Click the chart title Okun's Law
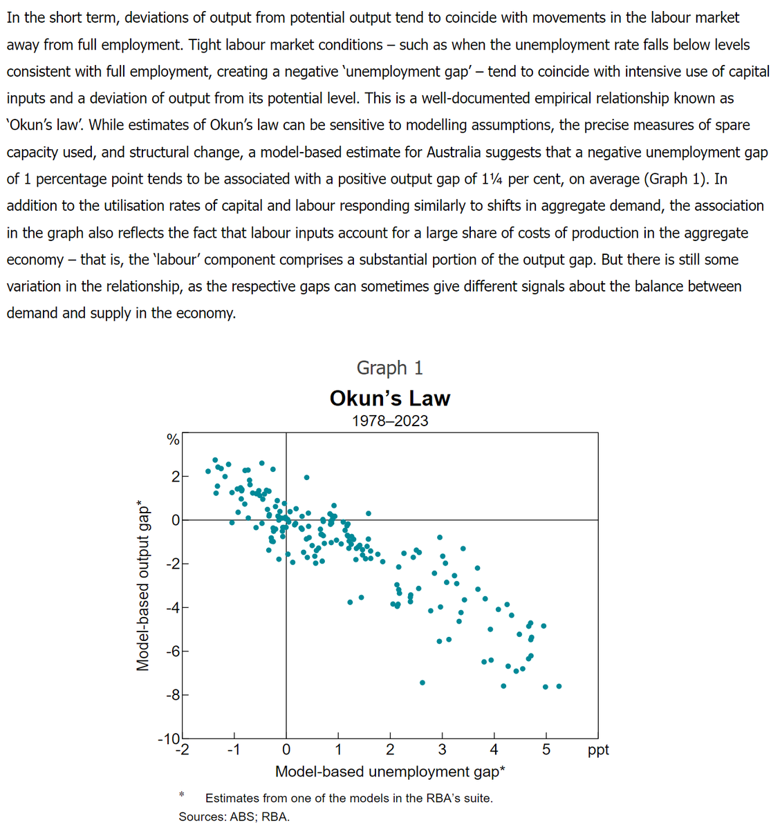[x=389, y=398]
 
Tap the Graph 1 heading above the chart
[x=389, y=368]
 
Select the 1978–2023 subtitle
[x=389, y=421]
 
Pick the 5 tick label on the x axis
[x=546, y=750]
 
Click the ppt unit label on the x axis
[x=598, y=750]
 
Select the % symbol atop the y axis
[x=173, y=439]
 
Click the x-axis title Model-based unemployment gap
[x=389, y=772]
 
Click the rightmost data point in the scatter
[x=559, y=686]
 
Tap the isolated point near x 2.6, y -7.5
[x=423, y=683]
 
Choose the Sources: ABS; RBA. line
[x=234, y=817]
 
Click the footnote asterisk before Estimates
[x=181, y=794]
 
